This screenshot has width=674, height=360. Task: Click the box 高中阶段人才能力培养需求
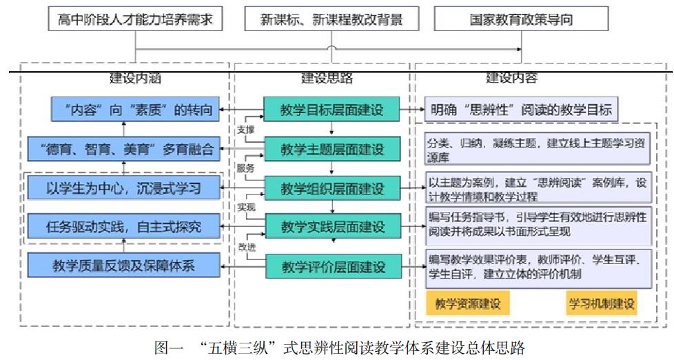pyautogui.click(x=136, y=19)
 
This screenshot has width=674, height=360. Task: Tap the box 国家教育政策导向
pyautogui.click(x=522, y=19)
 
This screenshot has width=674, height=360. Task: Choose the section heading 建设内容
pyautogui.click(x=511, y=78)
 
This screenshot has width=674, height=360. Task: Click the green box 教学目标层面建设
pyautogui.click(x=332, y=109)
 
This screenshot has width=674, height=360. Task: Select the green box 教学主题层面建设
pyautogui.click(x=332, y=148)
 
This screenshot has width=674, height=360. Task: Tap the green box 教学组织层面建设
pyautogui.click(x=332, y=187)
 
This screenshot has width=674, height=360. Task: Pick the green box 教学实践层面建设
pyautogui.click(x=332, y=226)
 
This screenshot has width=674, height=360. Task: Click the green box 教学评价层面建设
pyautogui.click(x=332, y=265)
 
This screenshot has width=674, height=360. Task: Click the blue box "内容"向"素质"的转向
pyautogui.click(x=137, y=109)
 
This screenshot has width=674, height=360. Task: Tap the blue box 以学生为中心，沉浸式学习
pyautogui.click(x=124, y=187)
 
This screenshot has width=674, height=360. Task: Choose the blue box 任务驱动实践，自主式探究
pyautogui.click(x=124, y=226)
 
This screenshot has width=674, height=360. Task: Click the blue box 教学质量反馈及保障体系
pyautogui.click(x=124, y=265)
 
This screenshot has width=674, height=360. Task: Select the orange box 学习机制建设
pyautogui.click(x=601, y=303)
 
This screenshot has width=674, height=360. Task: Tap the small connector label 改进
pyautogui.click(x=246, y=246)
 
